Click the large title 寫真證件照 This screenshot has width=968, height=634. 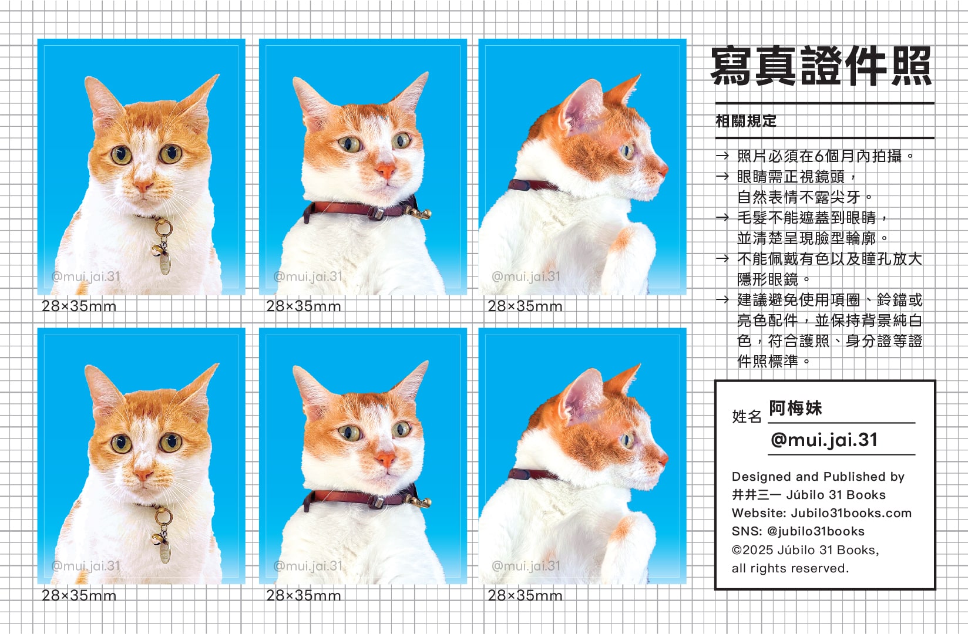click(821, 67)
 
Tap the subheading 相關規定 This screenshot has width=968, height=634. click(746, 122)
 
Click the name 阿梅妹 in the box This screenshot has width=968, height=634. click(795, 408)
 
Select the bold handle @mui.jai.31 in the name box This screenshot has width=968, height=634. click(824, 440)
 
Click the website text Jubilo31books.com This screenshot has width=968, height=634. click(851, 513)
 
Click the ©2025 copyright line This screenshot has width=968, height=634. click(805, 550)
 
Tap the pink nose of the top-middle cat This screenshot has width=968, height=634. click(385, 170)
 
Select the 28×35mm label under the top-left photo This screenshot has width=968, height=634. click(79, 306)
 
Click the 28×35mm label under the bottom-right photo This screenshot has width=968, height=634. click(525, 596)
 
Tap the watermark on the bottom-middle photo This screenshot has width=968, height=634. click(307, 566)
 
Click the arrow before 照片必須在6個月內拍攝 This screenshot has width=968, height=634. click(722, 156)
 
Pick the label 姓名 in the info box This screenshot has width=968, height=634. click(747, 416)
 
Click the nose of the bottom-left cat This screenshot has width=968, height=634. click(143, 475)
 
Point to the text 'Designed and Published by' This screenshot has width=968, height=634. click(818, 476)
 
